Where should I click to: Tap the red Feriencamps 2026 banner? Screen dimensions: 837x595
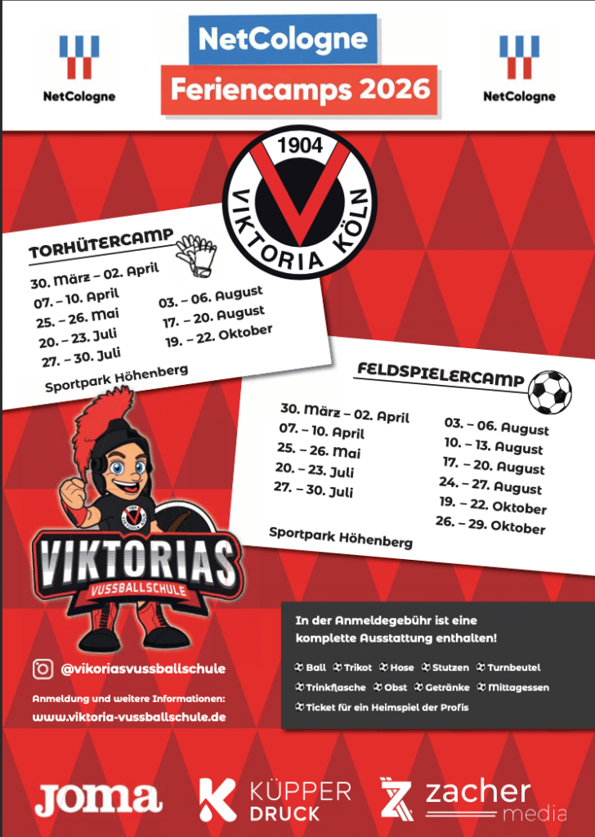(297, 88)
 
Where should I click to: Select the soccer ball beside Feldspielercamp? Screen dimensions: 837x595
(550, 392)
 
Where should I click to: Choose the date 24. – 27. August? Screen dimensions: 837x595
(490, 486)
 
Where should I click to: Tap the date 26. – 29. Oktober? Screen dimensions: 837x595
(490, 526)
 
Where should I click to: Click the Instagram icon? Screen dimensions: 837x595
(42, 669)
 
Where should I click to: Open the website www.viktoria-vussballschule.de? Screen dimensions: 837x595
(129, 717)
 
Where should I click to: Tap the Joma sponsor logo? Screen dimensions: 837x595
(98, 799)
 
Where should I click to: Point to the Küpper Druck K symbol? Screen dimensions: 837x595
(218, 799)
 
